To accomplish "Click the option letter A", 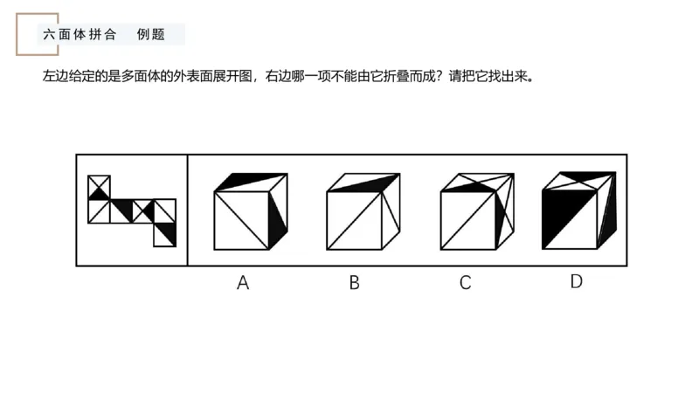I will click(243, 282).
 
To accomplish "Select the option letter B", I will click(354, 282).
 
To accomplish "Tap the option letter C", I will click(465, 282).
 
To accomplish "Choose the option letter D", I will click(576, 281).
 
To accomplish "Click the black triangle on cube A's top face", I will click(240, 182).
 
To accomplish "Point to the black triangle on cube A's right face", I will click(278, 215).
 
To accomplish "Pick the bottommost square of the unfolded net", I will click(164, 234).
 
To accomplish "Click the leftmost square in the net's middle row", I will click(99, 210).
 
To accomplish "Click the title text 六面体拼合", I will click(79, 35).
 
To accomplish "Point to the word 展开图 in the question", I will click(229, 76).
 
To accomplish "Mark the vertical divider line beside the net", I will click(188, 210).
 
